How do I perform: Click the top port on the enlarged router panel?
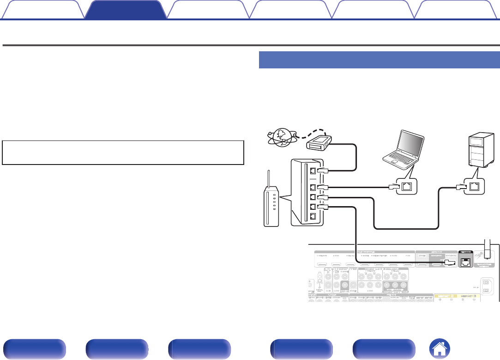(313, 171)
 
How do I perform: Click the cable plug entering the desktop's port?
(460, 187)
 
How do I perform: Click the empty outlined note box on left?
(123, 153)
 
